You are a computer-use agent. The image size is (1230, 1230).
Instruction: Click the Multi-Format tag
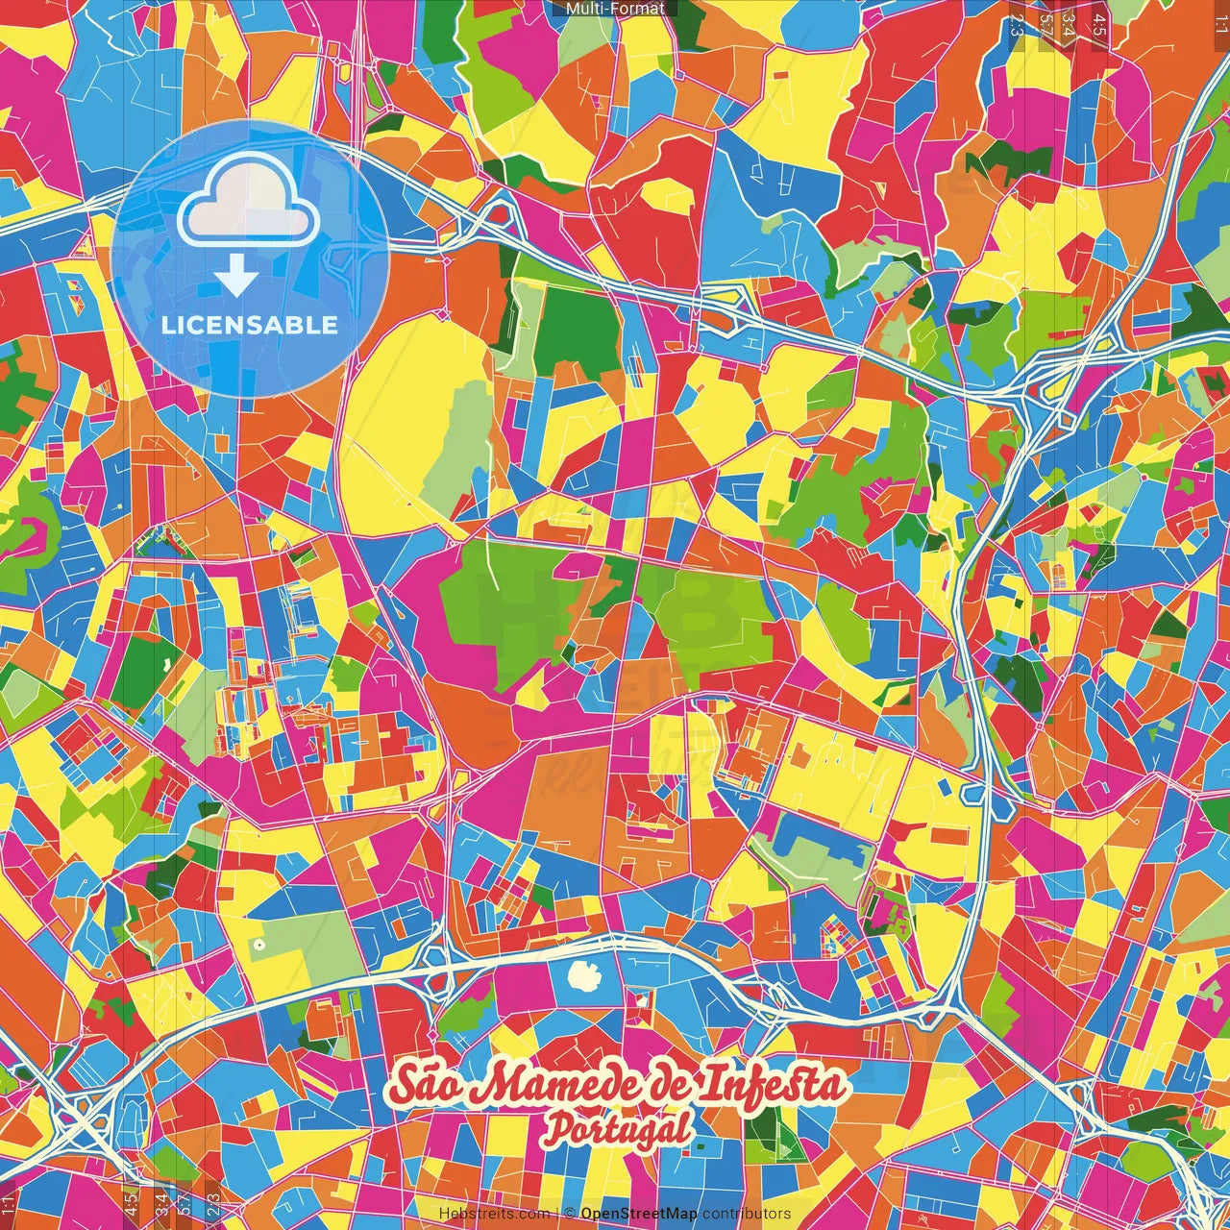click(615, 9)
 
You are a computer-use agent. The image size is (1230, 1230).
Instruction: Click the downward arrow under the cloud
click(236, 279)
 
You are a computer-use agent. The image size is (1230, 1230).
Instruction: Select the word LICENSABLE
click(250, 325)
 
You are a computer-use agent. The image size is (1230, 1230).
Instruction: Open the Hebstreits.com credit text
click(494, 1214)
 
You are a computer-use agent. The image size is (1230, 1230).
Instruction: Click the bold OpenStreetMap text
click(639, 1214)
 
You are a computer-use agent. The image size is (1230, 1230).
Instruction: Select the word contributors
click(747, 1214)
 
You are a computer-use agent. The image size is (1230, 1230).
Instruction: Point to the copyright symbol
click(570, 1214)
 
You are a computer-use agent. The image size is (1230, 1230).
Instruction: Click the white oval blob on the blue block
click(583, 976)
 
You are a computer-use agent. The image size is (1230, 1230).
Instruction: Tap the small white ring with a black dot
click(258, 945)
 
